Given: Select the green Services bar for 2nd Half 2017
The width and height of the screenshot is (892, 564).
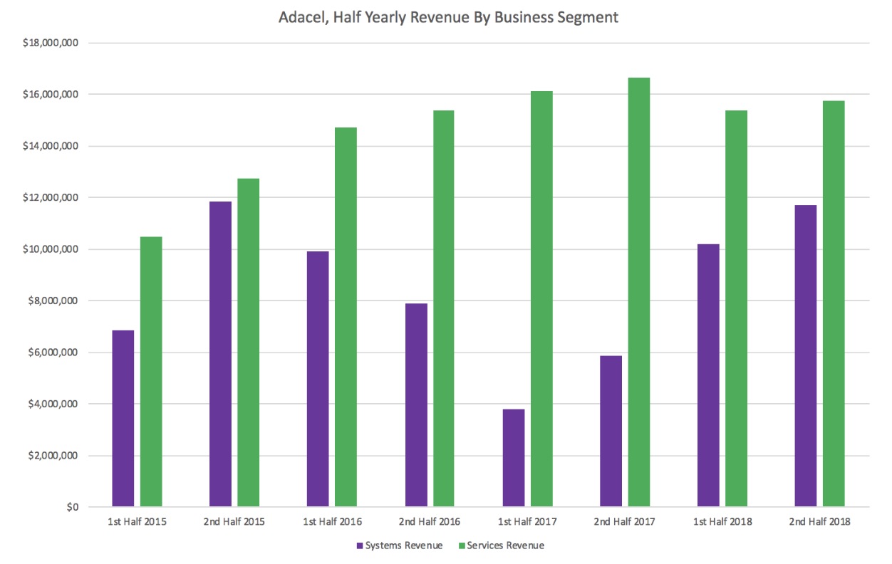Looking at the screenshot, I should coord(638,293).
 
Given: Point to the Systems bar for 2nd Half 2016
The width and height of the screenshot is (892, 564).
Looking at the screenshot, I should coord(416,405).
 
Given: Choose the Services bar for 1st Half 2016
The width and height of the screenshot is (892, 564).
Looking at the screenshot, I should coord(346,317).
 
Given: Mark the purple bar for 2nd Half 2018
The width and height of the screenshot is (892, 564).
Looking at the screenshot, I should coord(805,356).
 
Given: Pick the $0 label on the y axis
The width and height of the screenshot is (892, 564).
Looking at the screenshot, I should coord(72,508).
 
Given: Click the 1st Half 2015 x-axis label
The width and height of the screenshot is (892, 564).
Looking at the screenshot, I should coord(138,522).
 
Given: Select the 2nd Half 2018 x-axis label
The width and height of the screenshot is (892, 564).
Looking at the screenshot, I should coord(819,522).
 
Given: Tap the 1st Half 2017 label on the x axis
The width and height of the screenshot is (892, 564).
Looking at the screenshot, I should coord(527,522).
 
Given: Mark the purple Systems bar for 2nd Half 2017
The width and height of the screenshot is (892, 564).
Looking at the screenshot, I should coord(611,432).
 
